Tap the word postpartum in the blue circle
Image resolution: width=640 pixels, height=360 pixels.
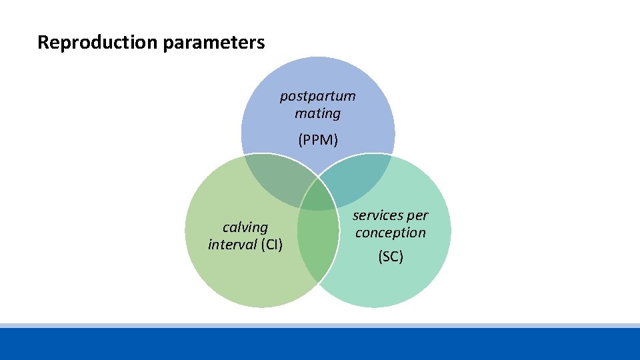317,96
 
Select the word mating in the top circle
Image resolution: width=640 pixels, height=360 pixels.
317,113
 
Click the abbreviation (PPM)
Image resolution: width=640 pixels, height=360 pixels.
318,140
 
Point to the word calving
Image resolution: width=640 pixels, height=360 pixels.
245,227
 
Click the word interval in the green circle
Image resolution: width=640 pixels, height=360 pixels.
232,245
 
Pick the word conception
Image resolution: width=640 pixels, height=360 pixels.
390,233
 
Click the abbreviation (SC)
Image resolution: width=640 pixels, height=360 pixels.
391,256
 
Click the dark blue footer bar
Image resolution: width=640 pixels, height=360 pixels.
320,344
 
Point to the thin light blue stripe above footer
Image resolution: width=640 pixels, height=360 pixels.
320,325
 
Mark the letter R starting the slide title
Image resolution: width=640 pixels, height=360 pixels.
43,43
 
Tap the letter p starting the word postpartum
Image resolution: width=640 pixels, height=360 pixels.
283,97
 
